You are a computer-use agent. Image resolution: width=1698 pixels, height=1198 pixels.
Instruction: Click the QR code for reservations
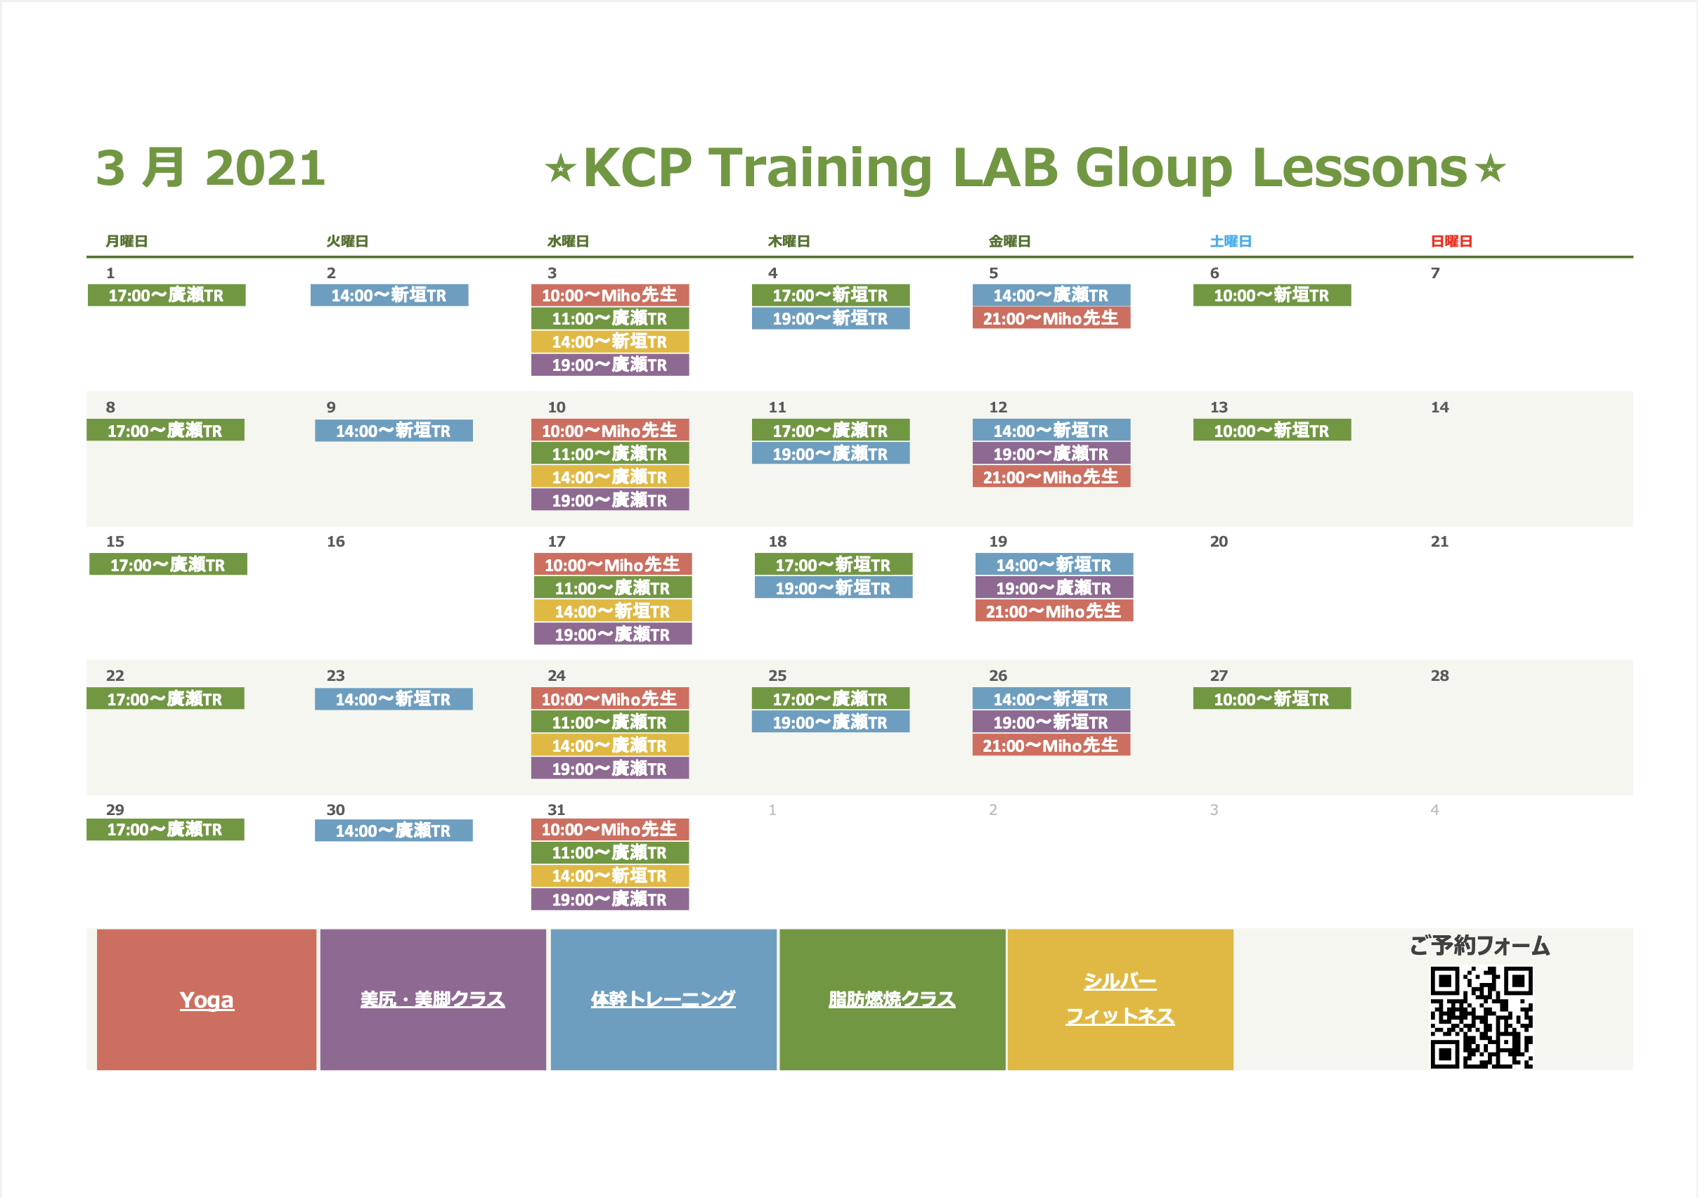[x=1482, y=1017]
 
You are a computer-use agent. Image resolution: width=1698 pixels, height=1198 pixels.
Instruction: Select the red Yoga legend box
[x=207, y=999]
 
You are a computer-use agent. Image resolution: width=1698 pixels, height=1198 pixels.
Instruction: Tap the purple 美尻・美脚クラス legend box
[x=433, y=999]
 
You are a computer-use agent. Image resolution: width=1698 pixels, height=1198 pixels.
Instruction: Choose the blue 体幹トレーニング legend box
[x=663, y=999]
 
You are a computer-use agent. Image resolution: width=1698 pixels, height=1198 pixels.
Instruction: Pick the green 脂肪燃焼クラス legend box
[x=892, y=999]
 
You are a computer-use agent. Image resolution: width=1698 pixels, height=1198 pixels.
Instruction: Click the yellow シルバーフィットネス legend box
[x=1120, y=999]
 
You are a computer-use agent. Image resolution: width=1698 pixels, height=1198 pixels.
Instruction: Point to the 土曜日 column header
[x=1231, y=241]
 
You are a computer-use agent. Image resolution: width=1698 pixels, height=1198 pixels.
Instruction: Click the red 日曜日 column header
[x=1451, y=241]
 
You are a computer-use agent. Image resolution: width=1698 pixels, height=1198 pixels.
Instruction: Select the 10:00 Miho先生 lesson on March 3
[x=610, y=295]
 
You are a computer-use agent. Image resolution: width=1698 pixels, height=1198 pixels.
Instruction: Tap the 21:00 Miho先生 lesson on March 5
[x=1051, y=318]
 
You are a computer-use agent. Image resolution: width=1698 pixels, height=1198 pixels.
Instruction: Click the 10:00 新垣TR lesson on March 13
[x=1272, y=431]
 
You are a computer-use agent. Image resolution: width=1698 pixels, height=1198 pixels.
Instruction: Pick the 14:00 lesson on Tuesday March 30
[x=394, y=831]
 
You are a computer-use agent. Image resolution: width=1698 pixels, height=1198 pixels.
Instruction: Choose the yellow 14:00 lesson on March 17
[x=613, y=611]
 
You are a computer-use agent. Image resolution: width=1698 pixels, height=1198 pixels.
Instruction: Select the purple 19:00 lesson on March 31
[x=610, y=899]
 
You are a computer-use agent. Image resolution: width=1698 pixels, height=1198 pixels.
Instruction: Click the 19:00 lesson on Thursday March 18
[x=834, y=588]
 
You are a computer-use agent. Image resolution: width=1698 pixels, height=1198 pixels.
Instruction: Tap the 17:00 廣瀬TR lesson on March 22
[x=165, y=699]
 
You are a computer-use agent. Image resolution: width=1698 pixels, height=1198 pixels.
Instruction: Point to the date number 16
[x=336, y=541]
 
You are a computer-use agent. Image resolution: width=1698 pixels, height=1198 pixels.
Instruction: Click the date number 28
[x=1439, y=675]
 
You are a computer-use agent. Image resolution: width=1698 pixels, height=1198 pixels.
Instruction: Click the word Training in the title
[x=821, y=168]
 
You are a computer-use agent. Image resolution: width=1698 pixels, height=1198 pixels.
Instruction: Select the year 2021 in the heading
[x=265, y=168]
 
